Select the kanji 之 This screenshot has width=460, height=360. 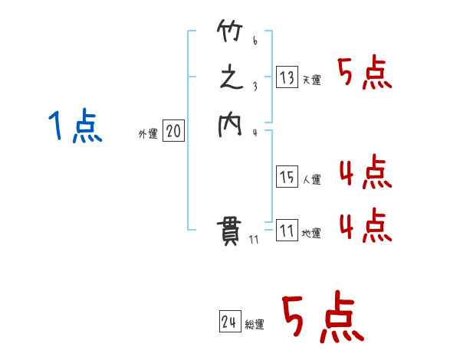click(x=230, y=79)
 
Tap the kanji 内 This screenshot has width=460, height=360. click(x=230, y=125)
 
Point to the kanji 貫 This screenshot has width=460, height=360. click(x=230, y=230)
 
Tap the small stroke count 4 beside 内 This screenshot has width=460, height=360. click(x=255, y=133)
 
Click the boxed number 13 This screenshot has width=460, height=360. click(x=287, y=77)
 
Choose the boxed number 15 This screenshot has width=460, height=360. click(x=287, y=177)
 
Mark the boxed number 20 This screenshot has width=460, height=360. click(x=173, y=132)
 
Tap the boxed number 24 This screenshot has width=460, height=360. click(x=229, y=322)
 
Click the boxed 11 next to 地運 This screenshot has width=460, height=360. click(x=287, y=231)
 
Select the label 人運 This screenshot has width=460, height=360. click(x=312, y=180)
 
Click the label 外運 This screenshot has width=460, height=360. click(x=148, y=134)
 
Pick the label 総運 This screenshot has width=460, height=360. click(x=255, y=326)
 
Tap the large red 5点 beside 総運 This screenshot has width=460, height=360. click(x=320, y=318)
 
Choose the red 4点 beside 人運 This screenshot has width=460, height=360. click(x=365, y=172)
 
